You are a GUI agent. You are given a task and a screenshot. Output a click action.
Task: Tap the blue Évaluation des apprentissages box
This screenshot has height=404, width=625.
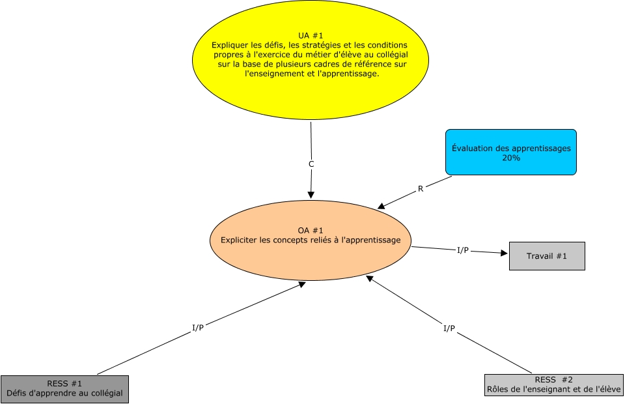pyautogui.click(x=511, y=152)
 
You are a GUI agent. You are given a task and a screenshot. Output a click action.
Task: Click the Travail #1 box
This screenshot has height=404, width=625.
pyautogui.click(x=546, y=256)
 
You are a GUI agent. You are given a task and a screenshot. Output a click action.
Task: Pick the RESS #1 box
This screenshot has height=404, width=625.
pyautogui.click(x=64, y=388)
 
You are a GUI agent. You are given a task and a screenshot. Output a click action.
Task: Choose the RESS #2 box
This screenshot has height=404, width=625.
pyautogui.click(x=554, y=384)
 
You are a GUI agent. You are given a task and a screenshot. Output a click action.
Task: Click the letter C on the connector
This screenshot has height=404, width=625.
pyautogui.click(x=311, y=164)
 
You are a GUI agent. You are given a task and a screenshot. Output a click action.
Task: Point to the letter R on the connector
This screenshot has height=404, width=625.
pyautogui.click(x=421, y=190)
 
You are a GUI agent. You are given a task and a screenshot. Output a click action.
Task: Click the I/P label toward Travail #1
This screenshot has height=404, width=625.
pyautogui.click(x=462, y=250)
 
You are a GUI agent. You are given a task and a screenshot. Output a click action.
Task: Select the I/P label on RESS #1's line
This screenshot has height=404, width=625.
pyautogui.click(x=197, y=327)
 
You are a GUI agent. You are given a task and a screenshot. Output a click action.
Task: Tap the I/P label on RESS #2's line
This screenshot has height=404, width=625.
pyautogui.click(x=449, y=328)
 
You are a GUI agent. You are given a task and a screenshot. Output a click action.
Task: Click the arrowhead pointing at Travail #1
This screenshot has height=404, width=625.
pyautogui.click(x=504, y=253)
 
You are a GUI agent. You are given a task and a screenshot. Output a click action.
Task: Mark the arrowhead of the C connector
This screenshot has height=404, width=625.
pyautogui.click(x=311, y=195)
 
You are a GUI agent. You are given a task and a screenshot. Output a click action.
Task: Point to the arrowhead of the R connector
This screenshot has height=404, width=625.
pyautogui.click(x=381, y=207)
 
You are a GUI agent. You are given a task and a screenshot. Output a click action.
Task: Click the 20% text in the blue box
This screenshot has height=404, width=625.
pyautogui.click(x=511, y=158)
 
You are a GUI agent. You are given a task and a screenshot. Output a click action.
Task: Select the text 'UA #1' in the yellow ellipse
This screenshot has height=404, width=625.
pyautogui.click(x=311, y=35)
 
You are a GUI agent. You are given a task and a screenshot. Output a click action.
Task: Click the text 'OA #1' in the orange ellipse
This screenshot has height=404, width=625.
pyautogui.click(x=311, y=230)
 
